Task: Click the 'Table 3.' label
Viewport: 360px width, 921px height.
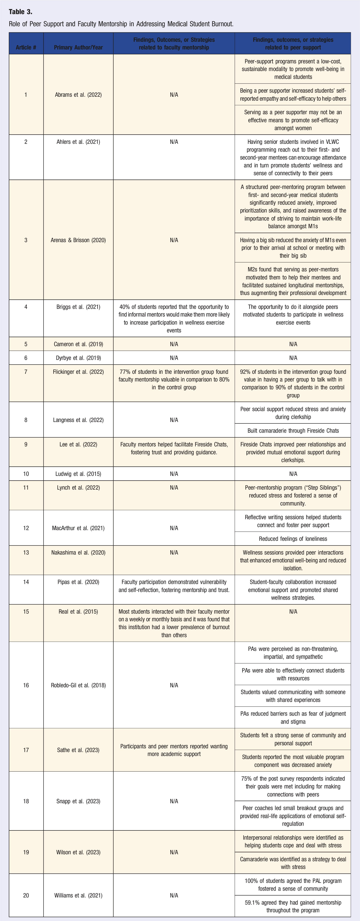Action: pyautogui.click(x=20, y=12)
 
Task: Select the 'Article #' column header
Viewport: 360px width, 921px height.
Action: pyautogui.click(x=26, y=47)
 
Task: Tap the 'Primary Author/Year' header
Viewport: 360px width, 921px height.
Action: pyautogui.click(x=78, y=47)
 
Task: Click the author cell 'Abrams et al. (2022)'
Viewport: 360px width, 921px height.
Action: pyautogui.click(x=78, y=95)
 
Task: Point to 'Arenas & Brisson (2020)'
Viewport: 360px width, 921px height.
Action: pyautogui.click(x=78, y=240)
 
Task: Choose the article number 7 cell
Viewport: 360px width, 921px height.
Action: pyautogui.click(x=26, y=372)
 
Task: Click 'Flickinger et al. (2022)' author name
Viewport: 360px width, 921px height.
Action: pyautogui.click(x=78, y=372)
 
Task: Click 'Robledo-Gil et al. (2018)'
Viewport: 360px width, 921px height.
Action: pyautogui.click(x=78, y=685)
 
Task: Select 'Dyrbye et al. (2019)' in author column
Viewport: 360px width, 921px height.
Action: pyautogui.click(x=78, y=358)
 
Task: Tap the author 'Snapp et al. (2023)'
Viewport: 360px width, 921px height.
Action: pyautogui.click(x=78, y=801)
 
